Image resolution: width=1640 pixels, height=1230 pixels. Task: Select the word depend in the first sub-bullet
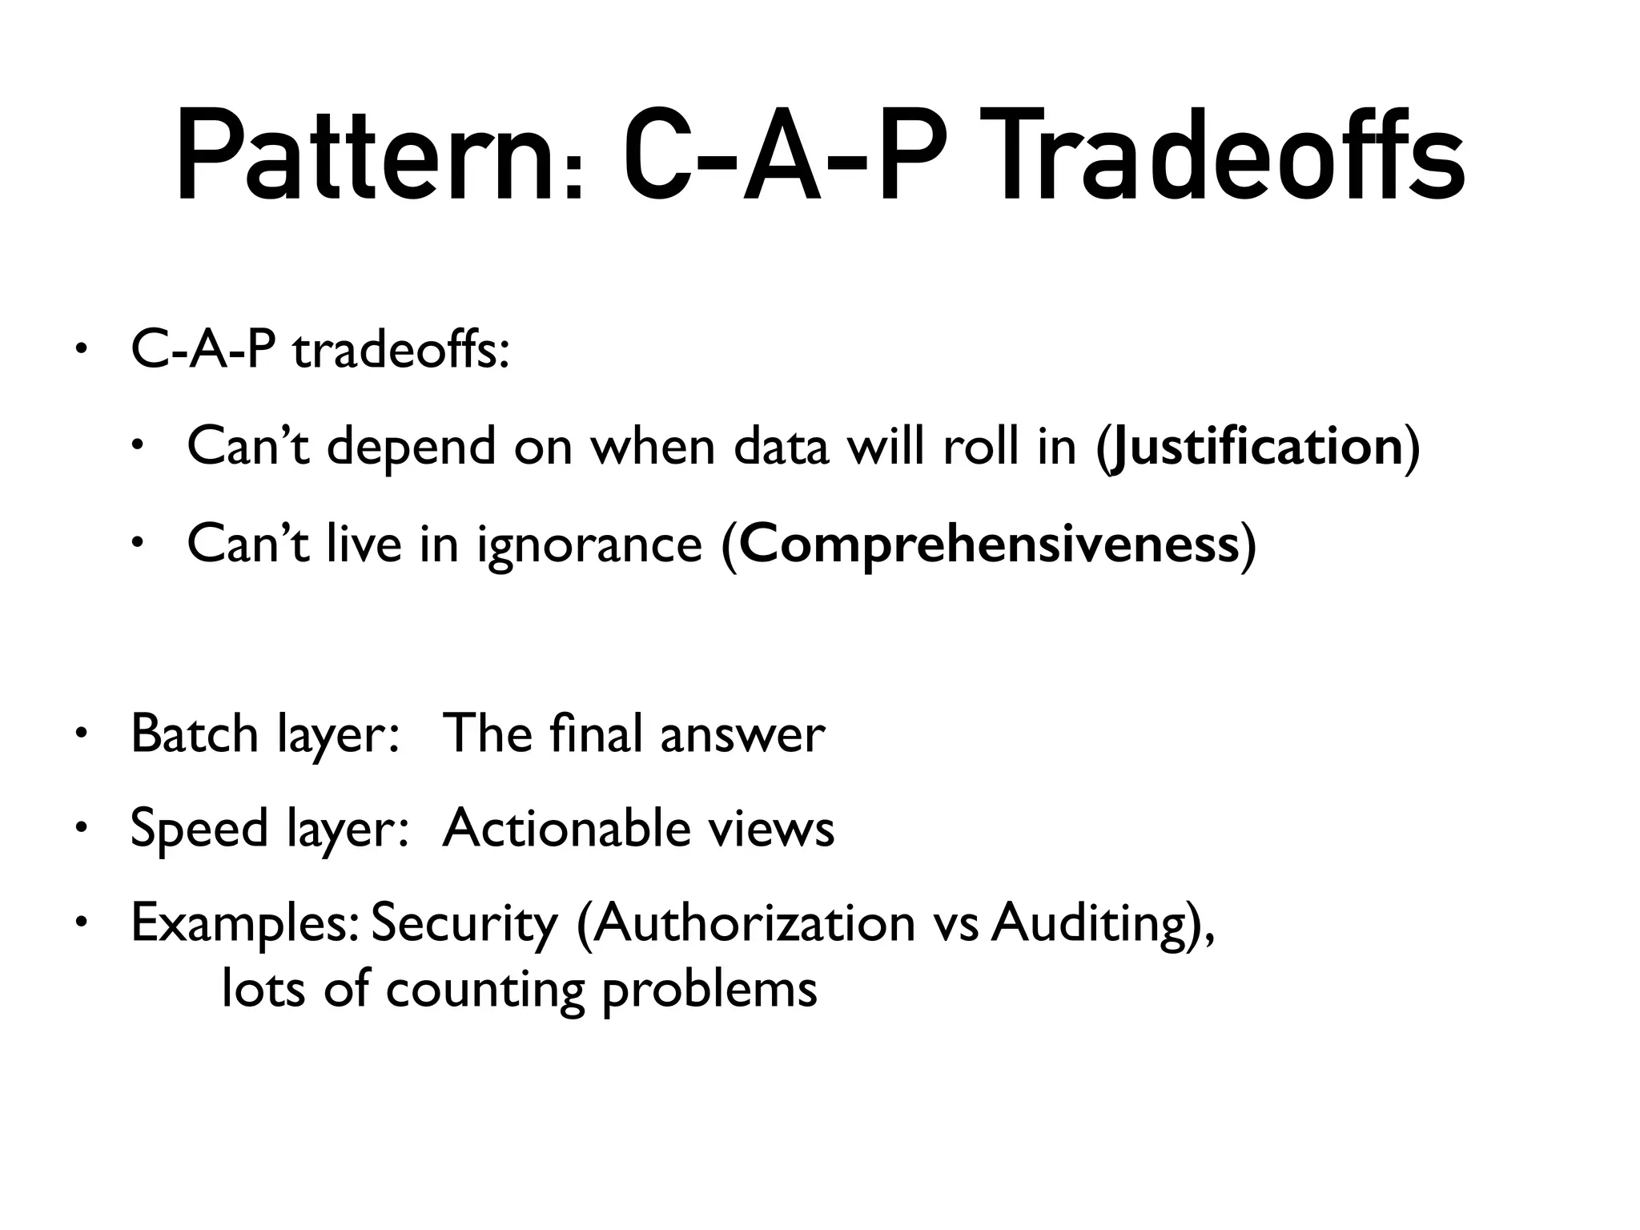coord(411,446)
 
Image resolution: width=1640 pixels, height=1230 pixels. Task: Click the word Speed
coord(199,829)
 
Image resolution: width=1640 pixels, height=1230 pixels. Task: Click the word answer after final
coord(742,734)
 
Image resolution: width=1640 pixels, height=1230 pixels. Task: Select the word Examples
coord(244,923)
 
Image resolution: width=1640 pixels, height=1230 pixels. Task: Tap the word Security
coord(464,923)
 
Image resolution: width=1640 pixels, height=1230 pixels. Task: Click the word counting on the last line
coord(485,990)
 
